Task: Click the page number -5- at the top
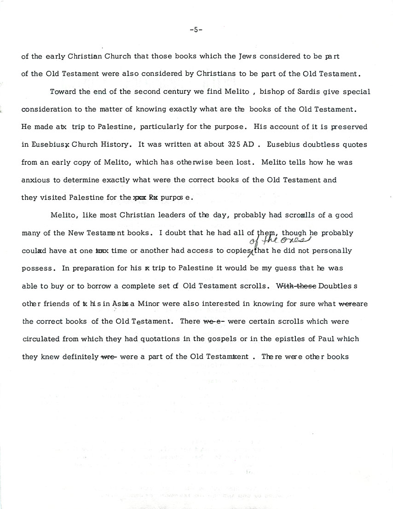(x=196, y=30)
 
